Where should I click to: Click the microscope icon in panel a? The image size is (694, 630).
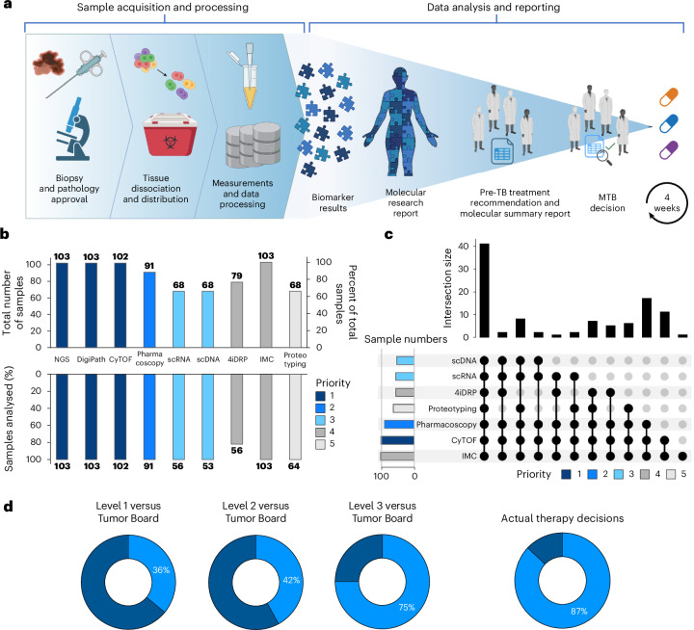pos(65,125)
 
